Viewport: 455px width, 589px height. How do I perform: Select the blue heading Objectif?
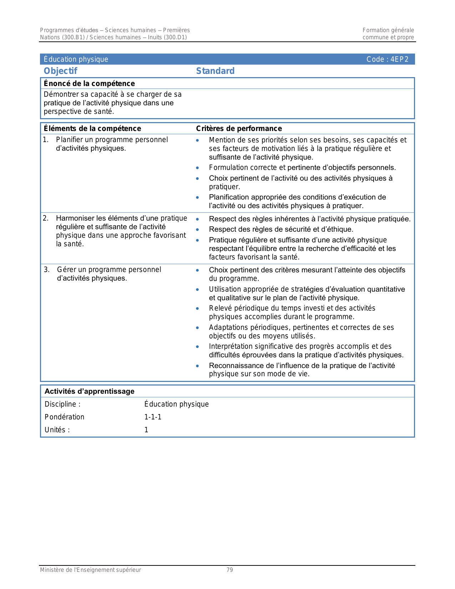pyautogui.click(x=60, y=71)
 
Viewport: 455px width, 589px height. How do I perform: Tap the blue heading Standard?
pyautogui.click(x=215, y=71)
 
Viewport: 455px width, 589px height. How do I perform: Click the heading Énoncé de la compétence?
pyautogui.click(x=89, y=84)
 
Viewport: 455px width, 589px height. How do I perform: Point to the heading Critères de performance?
pyautogui.click(x=239, y=129)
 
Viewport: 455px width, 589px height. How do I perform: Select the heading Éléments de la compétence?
pyautogui.click(x=92, y=129)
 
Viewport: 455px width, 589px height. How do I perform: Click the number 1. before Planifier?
pyautogui.click(x=46, y=140)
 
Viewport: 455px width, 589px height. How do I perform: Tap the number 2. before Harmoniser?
pyautogui.click(x=46, y=218)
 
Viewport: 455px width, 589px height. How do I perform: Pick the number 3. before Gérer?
pyautogui.click(x=47, y=270)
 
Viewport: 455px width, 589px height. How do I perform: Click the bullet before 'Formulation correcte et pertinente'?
pyautogui.click(x=198, y=168)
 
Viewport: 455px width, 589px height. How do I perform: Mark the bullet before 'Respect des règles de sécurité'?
pyautogui.click(x=198, y=230)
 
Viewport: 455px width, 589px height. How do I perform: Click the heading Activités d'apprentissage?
pyautogui.click(x=89, y=391)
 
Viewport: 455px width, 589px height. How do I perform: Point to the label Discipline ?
pyautogui.click(x=62, y=404)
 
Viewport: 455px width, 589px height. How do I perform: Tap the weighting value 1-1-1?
pyautogui.click(x=153, y=417)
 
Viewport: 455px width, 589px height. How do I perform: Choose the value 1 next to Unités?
pyautogui.click(x=146, y=430)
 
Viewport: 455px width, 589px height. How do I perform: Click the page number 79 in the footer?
pyautogui.click(x=230, y=570)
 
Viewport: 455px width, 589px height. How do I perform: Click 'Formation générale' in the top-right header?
pyautogui.click(x=388, y=30)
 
